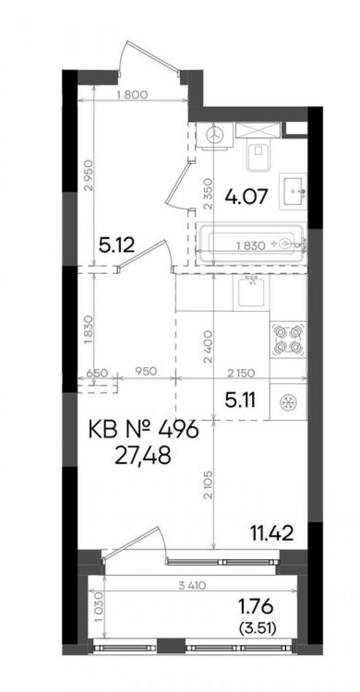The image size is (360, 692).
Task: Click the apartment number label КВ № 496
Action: [143, 430]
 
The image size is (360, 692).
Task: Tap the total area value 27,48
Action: [143, 456]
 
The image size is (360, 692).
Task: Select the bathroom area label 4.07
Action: [246, 197]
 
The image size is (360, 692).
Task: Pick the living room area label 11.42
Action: [272, 532]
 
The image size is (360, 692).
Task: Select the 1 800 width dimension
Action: [133, 94]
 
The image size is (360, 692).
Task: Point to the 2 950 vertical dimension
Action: [89, 175]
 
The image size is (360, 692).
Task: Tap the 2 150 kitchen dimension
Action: [241, 373]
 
